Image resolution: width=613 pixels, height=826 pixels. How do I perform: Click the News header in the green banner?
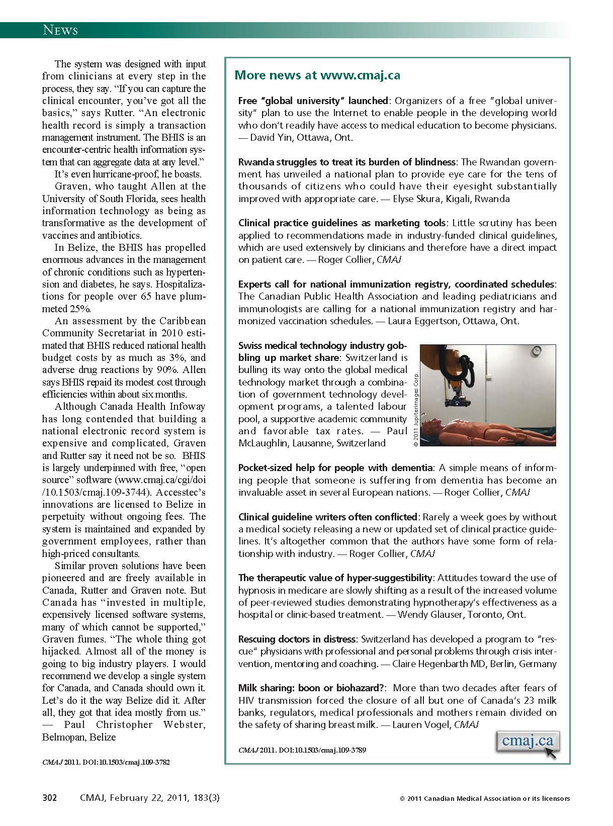[x=60, y=30]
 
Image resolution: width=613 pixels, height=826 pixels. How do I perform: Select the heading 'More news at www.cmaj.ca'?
[x=317, y=75]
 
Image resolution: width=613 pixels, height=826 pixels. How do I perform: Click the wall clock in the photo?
[x=538, y=350]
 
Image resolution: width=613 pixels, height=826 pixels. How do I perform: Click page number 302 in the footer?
[x=49, y=798]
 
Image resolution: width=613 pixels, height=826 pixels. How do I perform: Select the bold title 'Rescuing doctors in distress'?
[x=297, y=639]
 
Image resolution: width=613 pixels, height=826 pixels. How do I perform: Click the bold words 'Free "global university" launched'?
[x=313, y=101]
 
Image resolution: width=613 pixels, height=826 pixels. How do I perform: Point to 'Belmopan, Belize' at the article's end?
[x=79, y=737]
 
